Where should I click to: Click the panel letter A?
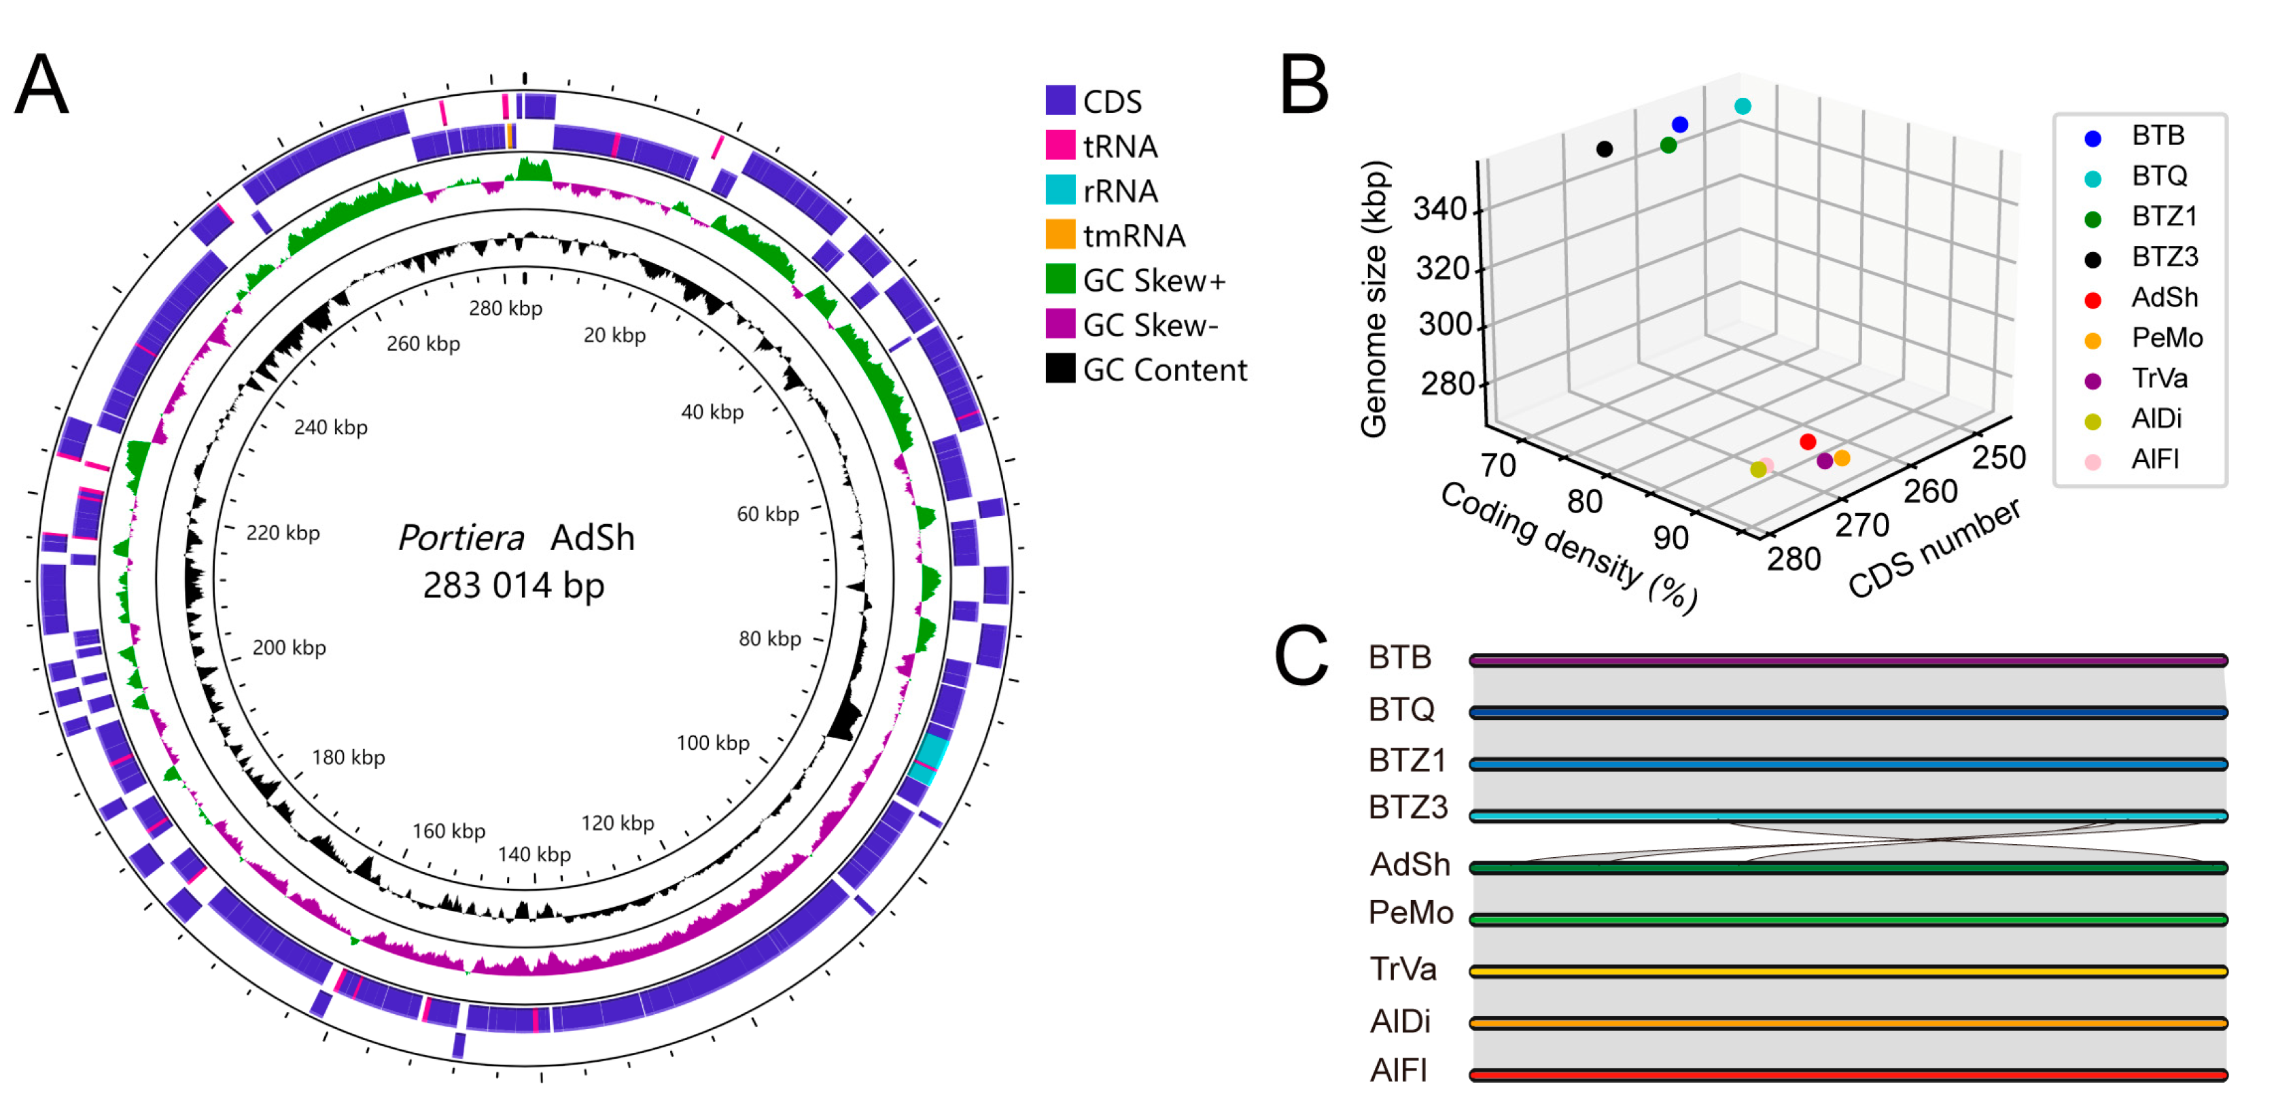(41, 85)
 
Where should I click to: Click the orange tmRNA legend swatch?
(1060, 235)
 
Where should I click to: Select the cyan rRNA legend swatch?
(1060, 190)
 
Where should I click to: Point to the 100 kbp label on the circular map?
(712, 743)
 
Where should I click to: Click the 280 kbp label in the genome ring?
(505, 308)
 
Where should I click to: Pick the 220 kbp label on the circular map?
(283, 532)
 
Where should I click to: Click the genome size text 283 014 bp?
(514, 585)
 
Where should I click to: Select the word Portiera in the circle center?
(461, 538)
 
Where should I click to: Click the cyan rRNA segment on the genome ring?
(928, 758)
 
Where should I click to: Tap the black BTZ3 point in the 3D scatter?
(1604, 150)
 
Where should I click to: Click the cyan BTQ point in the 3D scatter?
(1742, 107)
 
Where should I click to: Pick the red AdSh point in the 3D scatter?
(1807, 442)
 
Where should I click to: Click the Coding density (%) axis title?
(1569, 547)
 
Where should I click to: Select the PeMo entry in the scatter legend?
(2167, 339)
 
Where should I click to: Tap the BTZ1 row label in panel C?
(1407, 761)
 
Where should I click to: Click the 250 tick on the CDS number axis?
(1999, 457)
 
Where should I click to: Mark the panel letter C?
(1301, 655)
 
